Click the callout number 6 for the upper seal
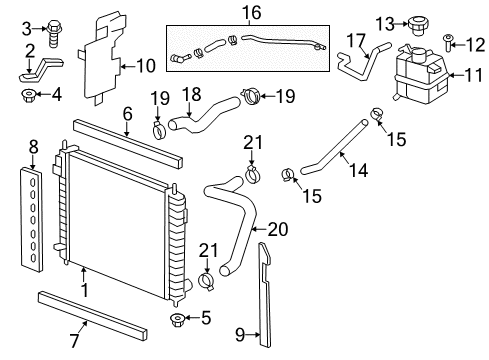(126, 115)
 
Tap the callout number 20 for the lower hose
(277, 229)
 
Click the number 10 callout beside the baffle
(146, 67)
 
